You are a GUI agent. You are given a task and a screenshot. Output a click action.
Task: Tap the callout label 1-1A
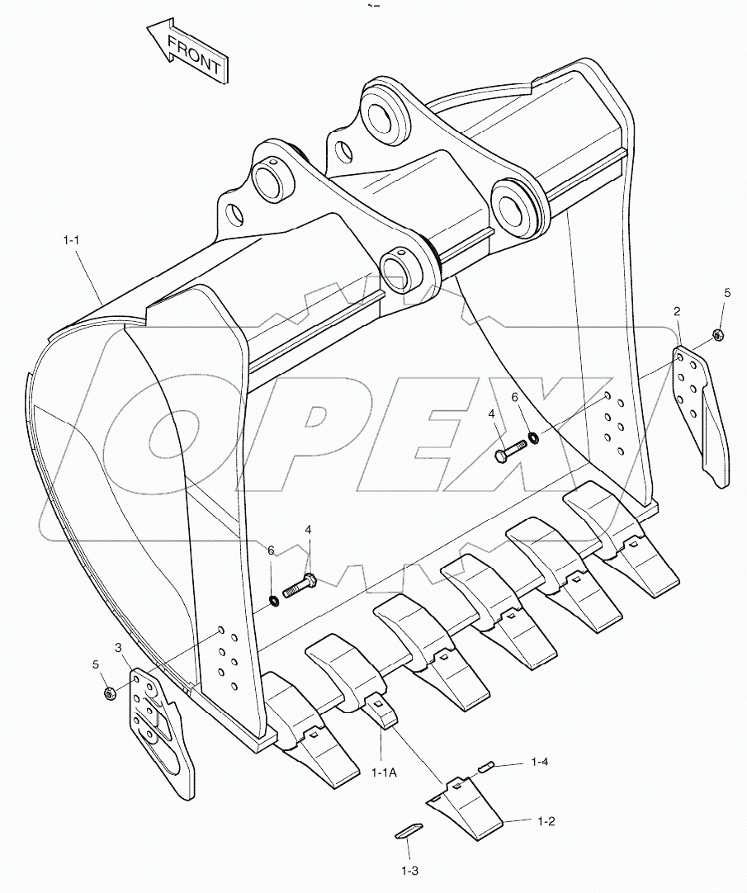point(384,772)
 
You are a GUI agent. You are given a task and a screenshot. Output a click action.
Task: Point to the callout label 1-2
point(546,821)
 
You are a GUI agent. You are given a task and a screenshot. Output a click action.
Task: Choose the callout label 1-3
point(410,870)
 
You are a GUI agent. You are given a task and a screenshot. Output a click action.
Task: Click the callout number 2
point(677,311)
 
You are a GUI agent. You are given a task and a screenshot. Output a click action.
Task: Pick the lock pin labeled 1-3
point(409,830)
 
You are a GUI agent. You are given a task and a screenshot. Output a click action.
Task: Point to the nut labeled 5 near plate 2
point(717,334)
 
